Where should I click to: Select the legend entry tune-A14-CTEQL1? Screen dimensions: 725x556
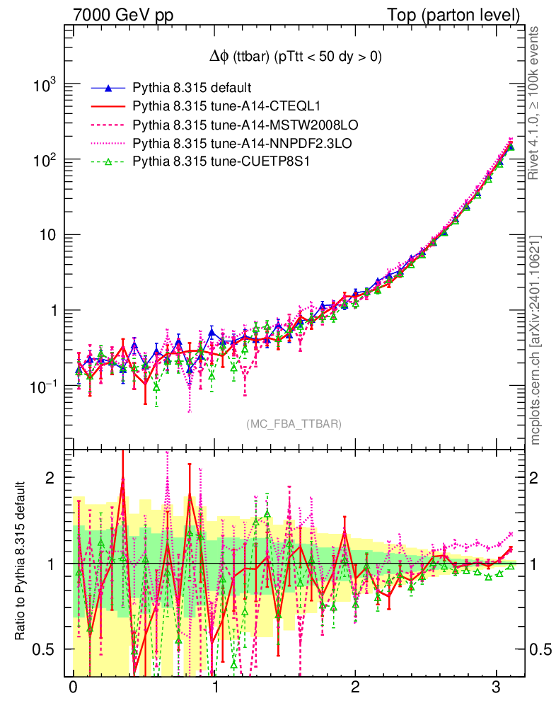pyautogui.click(x=226, y=107)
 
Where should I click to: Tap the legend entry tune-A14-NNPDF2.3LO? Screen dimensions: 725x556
pyautogui.click(x=242, y=144)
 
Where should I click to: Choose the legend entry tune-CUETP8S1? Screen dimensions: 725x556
pyautogui.click(x=221, y=162)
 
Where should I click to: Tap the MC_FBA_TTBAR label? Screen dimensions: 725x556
pyautogui.click(x=294, y=424)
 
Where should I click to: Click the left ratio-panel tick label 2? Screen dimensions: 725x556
pyautogui.click(x=50, y=478)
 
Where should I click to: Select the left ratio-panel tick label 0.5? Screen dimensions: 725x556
pyautogui.click(x=44, y=649)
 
